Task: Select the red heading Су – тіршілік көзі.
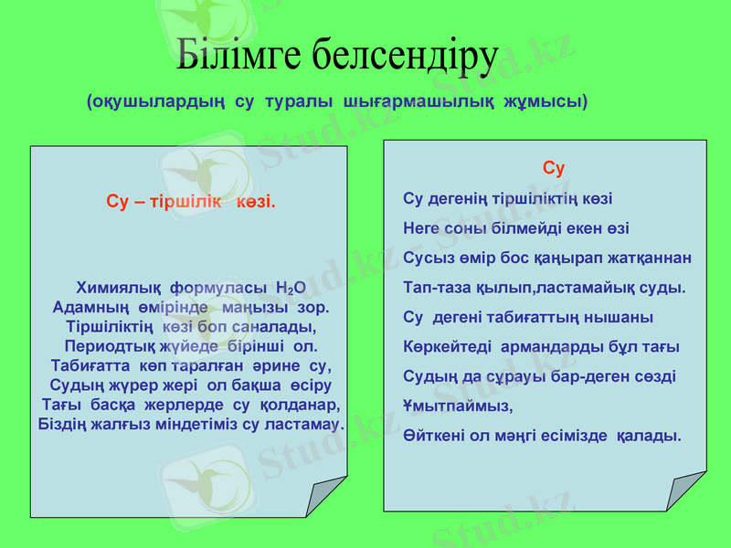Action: point(191,201)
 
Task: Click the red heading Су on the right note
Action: point(554,169)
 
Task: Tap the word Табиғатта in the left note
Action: point(87,366)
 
